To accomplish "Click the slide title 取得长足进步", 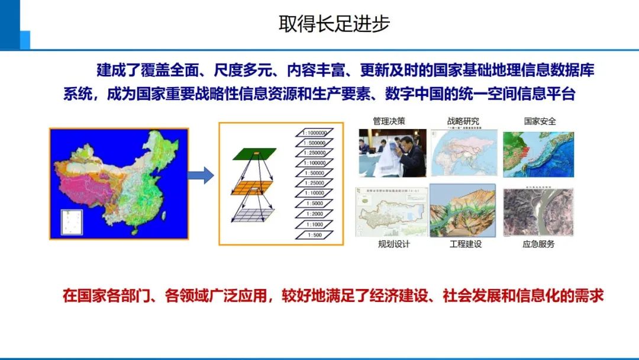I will pyautogui.click(x=334, y=24).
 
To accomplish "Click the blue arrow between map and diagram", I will pyautogui.click(x=201, y=175).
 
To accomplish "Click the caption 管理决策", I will pyautogui.click(x=389, y=121).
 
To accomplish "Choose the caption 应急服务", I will pyautogui.click(x=538, y=244).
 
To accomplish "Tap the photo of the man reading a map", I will pyautogui.click(x=392, y=153).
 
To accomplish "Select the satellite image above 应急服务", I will pyautogui.click(x=538, y=212).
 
